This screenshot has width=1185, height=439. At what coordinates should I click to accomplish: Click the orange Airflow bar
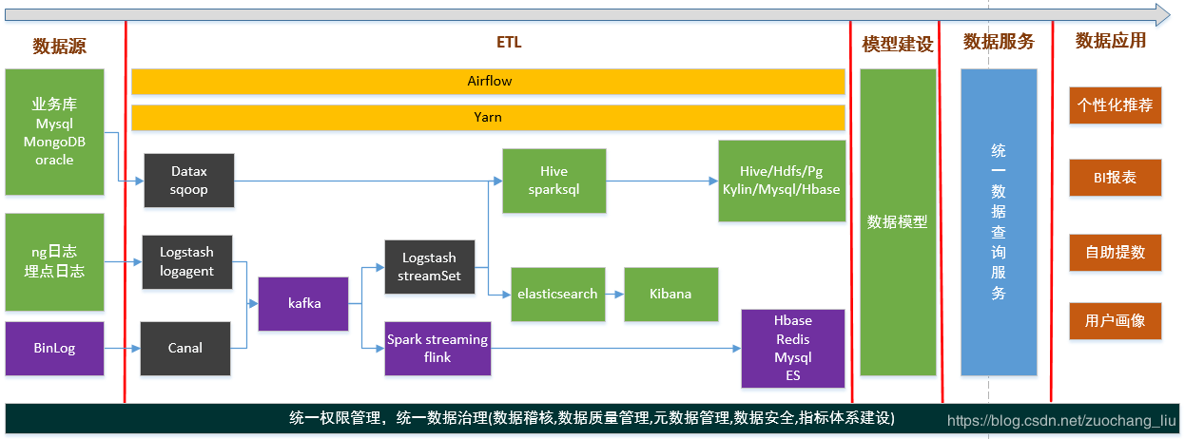488,82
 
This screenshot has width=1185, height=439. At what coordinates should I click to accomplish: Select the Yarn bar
488,118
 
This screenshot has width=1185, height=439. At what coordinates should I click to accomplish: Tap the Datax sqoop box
188,181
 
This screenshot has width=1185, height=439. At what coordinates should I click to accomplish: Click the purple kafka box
304,304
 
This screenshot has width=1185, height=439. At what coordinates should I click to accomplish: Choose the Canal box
185,348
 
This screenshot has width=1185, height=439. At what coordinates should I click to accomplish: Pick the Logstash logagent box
186,261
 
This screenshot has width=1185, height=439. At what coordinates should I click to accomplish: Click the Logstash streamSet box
429,267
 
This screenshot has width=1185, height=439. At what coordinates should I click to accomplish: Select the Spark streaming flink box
437,348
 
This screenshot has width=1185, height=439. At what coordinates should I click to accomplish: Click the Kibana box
670,294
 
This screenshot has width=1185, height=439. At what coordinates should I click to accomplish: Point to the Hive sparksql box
554,180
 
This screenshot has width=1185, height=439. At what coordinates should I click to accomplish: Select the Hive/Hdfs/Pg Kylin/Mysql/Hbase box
781,181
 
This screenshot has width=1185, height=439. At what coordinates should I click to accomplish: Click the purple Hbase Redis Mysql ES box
793,348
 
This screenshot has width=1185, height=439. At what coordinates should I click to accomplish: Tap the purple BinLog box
54,348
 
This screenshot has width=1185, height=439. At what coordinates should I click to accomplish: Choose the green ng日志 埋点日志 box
54,261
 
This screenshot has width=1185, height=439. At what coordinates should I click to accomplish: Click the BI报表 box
1115,178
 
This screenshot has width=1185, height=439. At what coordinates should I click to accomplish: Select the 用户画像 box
1115,321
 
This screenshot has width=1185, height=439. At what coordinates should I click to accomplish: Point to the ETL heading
509,42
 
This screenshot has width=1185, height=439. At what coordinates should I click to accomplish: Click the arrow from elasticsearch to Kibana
614,294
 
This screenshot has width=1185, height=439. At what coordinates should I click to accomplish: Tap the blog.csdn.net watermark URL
1061,420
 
